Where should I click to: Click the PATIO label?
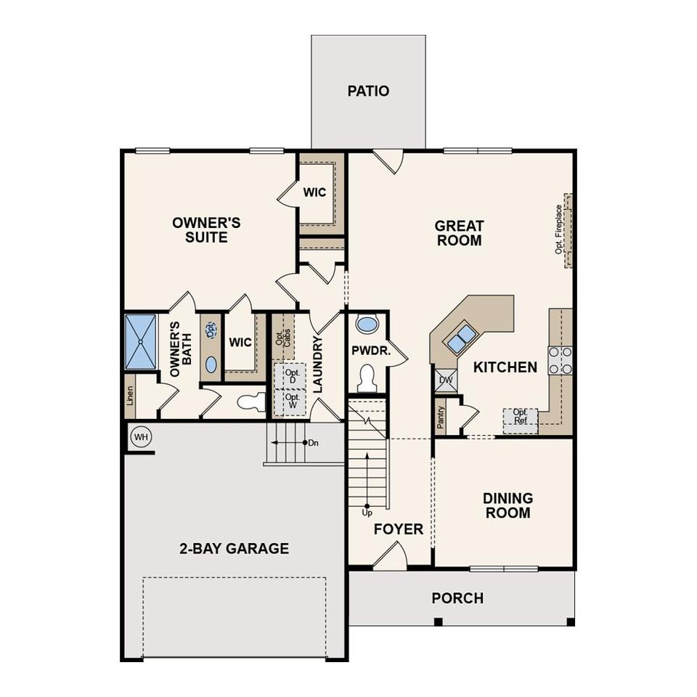pyautogui.click(x=368, y=91)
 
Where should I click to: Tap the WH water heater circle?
pyautogui.click(x=141, y=437)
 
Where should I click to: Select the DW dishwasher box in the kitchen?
pyautogui.click(x=445, y=380)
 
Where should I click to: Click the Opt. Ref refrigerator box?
pyautogui.click(x=520, y=420)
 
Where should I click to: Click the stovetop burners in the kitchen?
pyautogui.click(x=560, y=360)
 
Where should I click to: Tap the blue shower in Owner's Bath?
pyautogui.click(x=140, y=341)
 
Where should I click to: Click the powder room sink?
pyautogui.click(x=367, y=324)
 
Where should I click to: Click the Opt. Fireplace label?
pyautogui.click(x=558, y=229)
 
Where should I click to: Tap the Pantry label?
pyautogui.click(x=441, y=417)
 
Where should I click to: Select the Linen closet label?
pyautogui.click(x=130, y=396)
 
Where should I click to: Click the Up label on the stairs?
pyautogui.click(x=367, y=513)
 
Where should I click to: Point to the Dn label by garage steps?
pyautogui.click(x=314, y=443)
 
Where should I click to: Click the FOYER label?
pyautogui.click(x=399, y=529)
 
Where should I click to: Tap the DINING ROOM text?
pyautogui.click(x=508, y=505)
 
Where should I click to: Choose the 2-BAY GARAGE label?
pyautogui.click(x=235, y=548)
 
